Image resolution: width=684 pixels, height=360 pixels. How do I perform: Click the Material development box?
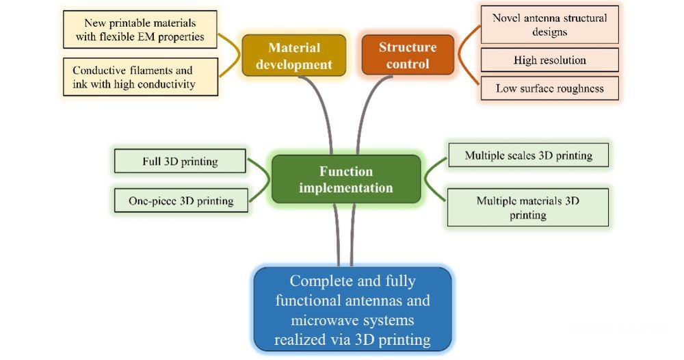click(294, 56)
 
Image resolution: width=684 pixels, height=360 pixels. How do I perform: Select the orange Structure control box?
click(408, 55)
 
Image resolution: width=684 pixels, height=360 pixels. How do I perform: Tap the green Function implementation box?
click(346, 179)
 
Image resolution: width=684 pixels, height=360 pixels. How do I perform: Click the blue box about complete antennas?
click(352, 309)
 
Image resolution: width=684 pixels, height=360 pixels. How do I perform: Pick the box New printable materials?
click(140, 29)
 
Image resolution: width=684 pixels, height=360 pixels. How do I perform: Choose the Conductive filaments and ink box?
click(140, 77)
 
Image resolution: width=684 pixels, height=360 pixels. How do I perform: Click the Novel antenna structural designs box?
click(550, 25)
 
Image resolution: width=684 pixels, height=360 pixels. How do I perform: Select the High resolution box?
click(550, 60)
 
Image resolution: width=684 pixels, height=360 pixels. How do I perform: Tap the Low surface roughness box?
click(550, 88)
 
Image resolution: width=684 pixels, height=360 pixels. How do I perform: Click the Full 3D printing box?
click(180, 161)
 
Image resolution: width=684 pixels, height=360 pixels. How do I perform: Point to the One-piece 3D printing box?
click(181, 201)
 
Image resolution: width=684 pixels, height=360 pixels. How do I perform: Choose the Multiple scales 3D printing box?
click(528, 155)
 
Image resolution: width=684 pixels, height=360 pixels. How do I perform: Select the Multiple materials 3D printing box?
click(528, 207)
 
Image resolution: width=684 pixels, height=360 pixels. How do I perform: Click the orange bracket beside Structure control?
click(466, 55)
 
